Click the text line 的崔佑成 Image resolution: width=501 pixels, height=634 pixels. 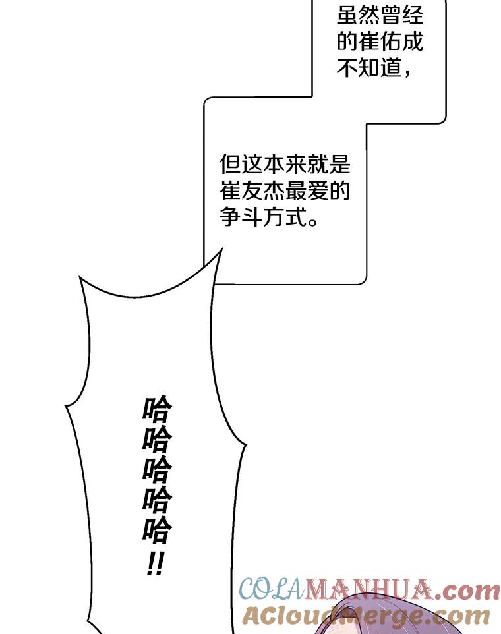(x=380, y=42)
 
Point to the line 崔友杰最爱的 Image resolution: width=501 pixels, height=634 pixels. (x=284, y=191)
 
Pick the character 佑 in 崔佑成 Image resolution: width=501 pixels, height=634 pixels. (x=380, y=42)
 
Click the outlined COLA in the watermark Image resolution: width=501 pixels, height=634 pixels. (x=270, y=588)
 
